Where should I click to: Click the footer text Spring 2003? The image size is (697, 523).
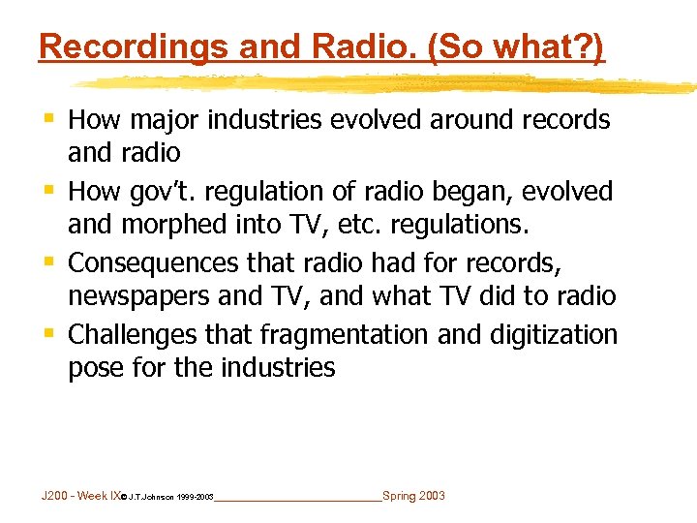pyautogui.click(x=414, y=496)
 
